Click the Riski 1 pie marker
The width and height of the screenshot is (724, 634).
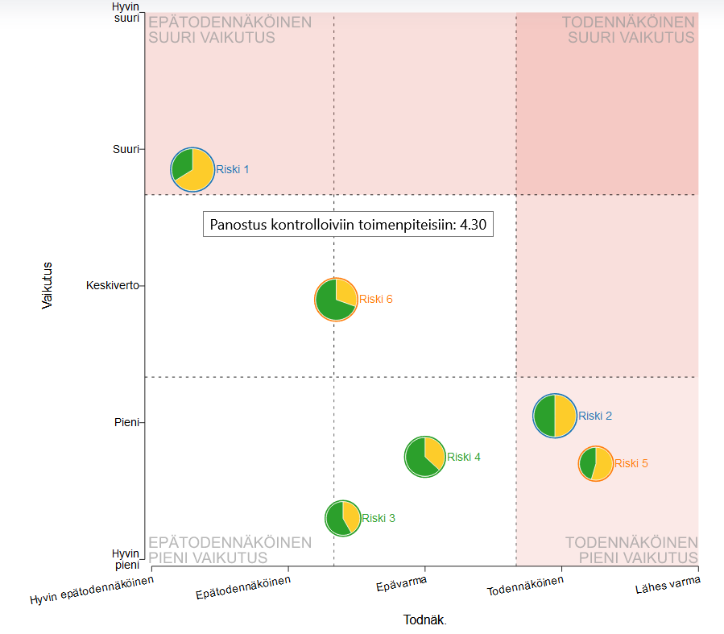[193, 169]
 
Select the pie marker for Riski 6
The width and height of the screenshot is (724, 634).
[336, 300]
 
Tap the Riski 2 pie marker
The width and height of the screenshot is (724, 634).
[555, 416]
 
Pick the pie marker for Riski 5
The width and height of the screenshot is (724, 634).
[596, 463]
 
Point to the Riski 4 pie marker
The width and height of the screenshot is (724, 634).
[424, 457]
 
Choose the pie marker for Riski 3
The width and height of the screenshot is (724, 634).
[342, 518]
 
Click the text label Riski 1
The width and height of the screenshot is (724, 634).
[233, 169]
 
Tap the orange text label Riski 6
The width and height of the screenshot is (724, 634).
[376, 299]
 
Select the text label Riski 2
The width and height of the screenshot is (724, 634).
[595, 416]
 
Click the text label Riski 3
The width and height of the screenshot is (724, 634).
[379, 518]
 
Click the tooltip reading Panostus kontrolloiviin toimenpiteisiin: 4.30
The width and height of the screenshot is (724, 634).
[348, 225]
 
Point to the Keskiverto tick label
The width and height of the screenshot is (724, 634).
[112, 285]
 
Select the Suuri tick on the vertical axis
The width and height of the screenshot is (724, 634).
[126, 149]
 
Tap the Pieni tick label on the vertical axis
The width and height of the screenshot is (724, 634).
[127, 421]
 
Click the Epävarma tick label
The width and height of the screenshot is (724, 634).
[401, 584]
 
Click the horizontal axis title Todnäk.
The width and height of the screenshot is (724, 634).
[424, 619]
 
